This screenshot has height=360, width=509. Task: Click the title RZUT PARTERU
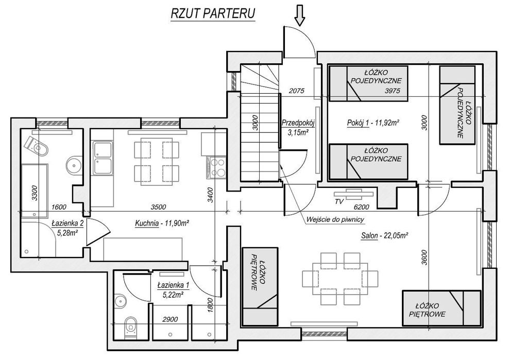pyautogui.click(x=213, y=13)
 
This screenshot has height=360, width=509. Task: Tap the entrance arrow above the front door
pyautogui.click(x=300, y=15)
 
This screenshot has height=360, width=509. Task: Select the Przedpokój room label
pyautogui.click(x=298, y=123)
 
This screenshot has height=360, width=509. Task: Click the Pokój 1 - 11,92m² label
pyautogui.click(x=373, y=123)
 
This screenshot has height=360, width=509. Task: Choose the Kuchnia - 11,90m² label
pyautogui.click(x=162, y=224)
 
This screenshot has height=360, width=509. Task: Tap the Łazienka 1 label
pyautogui.click(x=173, y=285)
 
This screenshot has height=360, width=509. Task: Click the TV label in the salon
pyautogui.click(x=339, y=201)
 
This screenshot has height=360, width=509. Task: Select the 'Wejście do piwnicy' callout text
pyautogui.click(x=335, y=219)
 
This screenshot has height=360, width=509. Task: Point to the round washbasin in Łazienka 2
pyautogui.click(x=74, y=165)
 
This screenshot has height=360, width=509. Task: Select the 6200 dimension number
pyautogui.click(x=362, y=207)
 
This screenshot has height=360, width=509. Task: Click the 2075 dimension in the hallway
pyautogui.click(x=297, y=91)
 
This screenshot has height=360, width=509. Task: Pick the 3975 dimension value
pyautogui.click(x=392, y=91)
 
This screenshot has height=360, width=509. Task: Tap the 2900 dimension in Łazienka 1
pyautogui.click(x=170, y=319)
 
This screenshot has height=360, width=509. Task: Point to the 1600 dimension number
pyautogui.click(x=59, y=207)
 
